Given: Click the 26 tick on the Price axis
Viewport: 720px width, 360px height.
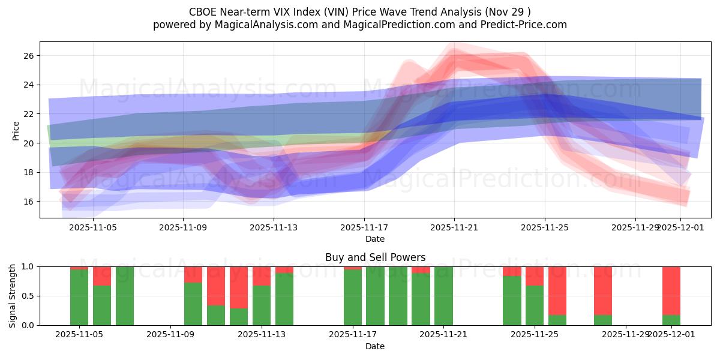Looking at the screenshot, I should (28, 56).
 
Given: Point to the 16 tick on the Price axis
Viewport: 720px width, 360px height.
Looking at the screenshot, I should (28, 202).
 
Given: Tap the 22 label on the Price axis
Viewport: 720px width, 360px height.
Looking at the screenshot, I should (28, 114).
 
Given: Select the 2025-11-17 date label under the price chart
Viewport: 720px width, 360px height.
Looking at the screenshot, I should (364, 227).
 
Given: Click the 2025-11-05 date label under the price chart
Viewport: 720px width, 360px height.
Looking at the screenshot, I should (93, 227).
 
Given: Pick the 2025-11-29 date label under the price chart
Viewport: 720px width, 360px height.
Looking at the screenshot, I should (635, 227).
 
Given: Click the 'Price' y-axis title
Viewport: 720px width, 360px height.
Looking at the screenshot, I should (16, 130).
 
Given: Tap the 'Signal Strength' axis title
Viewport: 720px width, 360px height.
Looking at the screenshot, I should (13, 296).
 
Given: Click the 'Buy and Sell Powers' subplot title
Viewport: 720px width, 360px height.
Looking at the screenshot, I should (375, 257).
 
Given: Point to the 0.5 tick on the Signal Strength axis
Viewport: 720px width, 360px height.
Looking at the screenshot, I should (28, 296).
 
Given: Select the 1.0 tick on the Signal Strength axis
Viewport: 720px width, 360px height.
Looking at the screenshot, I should (28, 266).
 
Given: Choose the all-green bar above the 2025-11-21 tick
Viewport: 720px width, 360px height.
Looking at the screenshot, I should (443, 296).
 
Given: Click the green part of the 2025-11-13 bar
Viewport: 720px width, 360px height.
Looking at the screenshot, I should (261, 305).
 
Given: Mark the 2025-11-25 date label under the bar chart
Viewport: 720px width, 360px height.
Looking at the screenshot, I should (534, 335).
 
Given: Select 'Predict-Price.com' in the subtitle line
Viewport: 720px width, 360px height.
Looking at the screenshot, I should (526, 25).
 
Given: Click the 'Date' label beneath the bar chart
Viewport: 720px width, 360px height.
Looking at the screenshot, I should (375, 346).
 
